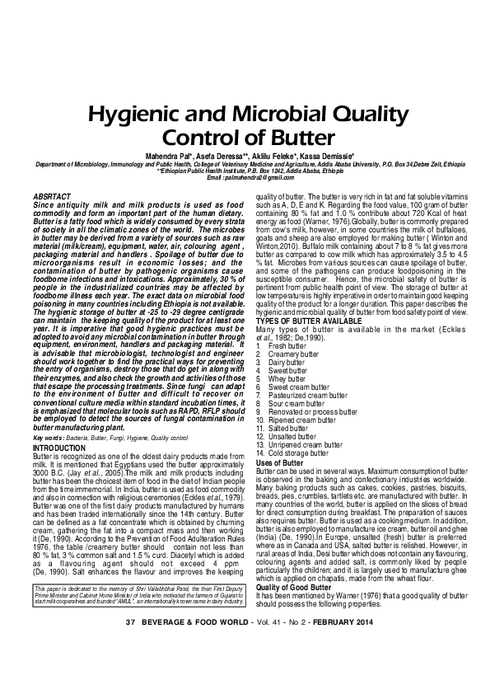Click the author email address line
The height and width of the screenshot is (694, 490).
coord(245,178)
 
